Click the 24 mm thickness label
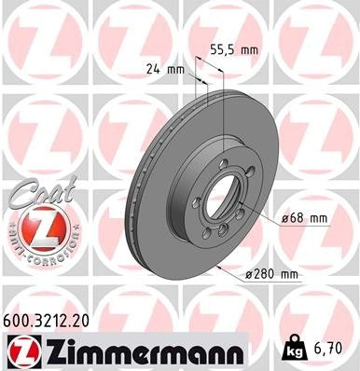(x=164, y=68)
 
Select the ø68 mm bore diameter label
(x=304, y=218)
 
